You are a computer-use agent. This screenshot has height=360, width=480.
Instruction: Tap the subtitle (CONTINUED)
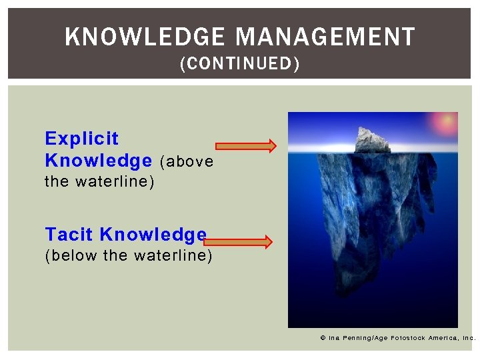click(x=240, y=64)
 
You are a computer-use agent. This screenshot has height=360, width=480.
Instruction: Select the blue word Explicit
click(x=81, y=139)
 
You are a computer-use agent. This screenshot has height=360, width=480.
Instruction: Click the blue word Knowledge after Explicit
click(x=98, y=161)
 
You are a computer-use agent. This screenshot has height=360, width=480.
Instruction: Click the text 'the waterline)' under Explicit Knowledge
click(x=99, y=181)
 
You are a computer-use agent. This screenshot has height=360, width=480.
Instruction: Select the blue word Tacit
click(x=69, y=234)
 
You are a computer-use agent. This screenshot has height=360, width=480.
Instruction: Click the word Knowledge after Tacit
click(x=153, y=234)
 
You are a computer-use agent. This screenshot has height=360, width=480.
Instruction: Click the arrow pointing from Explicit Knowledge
click(x=245, y=146)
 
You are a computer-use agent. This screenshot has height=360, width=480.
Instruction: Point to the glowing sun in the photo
click(x=443, y=123)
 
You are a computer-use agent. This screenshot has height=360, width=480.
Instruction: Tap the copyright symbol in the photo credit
click(x=323, y=338)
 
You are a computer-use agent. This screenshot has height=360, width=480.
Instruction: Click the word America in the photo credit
click(x=445, y=338)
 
